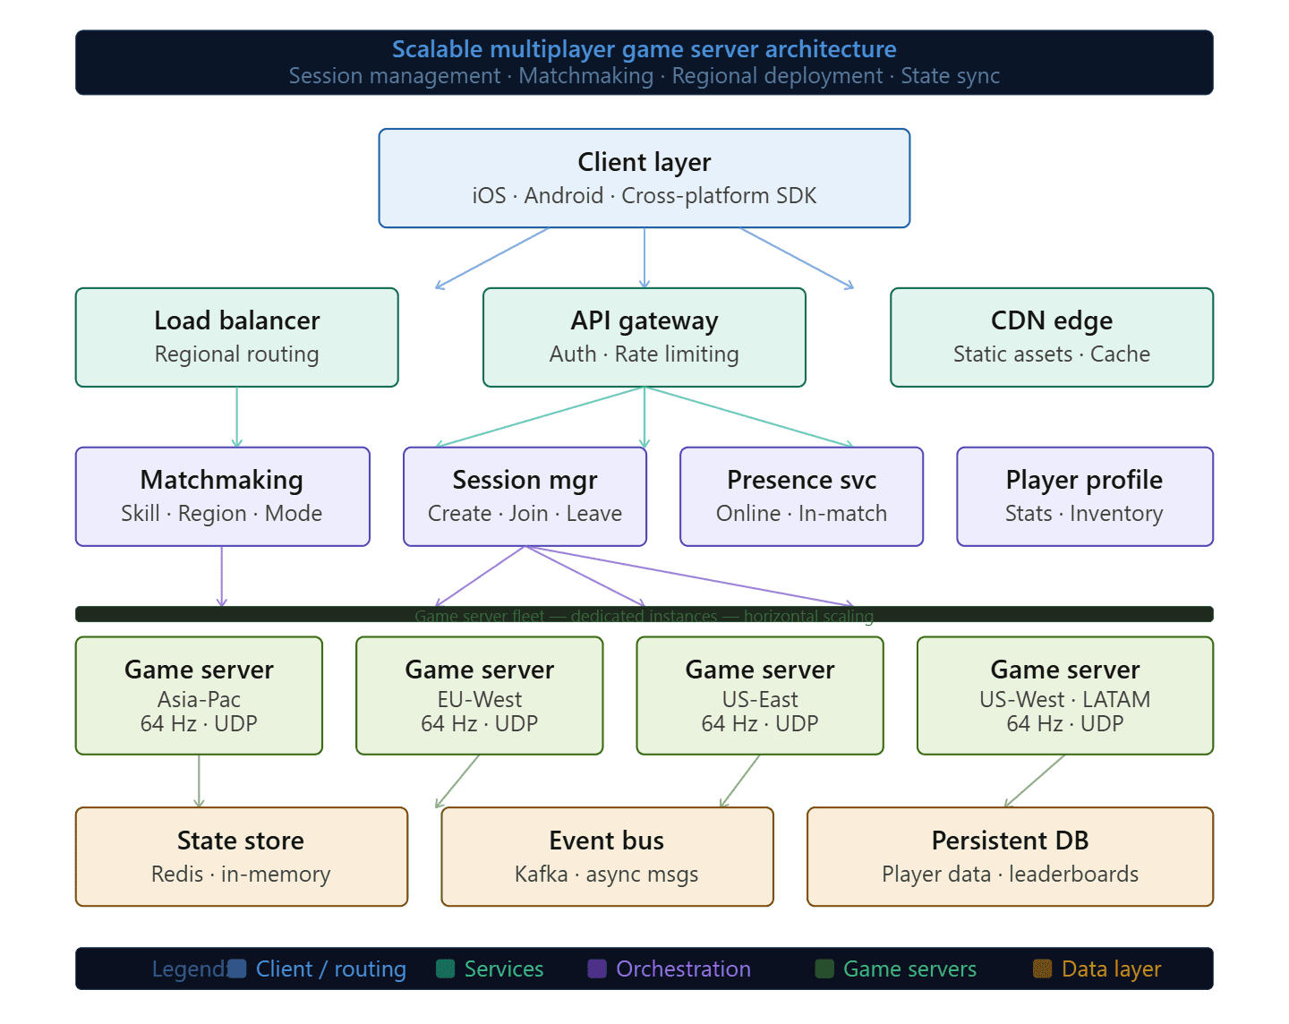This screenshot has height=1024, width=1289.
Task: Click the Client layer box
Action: click(644, 178)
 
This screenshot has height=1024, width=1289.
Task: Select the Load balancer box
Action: click(236, 337)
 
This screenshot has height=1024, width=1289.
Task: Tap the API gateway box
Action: click(644, 337)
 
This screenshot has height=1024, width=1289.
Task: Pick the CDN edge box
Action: click(1052, 337)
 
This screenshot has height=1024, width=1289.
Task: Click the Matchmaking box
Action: click(222, 497)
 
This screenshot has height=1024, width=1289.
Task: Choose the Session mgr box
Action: click(525, 497)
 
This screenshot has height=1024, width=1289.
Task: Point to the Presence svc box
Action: click(801, 497)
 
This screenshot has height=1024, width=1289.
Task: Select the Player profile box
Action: click(1084, 497)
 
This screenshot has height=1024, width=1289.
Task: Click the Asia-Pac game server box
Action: click(199, 695)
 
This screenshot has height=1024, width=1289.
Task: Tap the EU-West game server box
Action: click(480, 695)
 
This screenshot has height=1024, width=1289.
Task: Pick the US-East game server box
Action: click(760, 695)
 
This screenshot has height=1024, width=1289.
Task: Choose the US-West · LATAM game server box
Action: click(1065, 695)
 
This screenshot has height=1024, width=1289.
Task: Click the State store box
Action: click(241, 857)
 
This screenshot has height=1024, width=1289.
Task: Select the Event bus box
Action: click(607, 857)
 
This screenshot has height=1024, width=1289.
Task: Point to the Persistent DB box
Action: click(1010, 857)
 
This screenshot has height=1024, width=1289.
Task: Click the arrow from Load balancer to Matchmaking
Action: click(236, 417)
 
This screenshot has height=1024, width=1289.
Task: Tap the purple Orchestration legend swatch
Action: click(597, 969)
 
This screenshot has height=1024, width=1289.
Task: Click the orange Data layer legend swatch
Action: click(1042, 969)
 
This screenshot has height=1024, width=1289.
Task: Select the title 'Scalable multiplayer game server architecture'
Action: click(644, 49)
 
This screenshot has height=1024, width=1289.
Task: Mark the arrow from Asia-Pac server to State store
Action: click(199, 781)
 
